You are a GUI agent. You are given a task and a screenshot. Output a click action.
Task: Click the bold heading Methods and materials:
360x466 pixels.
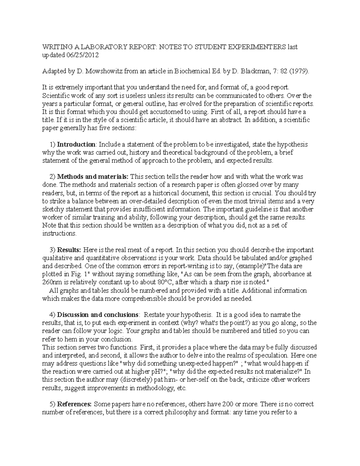pos(93,177)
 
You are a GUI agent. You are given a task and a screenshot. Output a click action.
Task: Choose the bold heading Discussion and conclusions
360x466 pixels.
pos(97,315)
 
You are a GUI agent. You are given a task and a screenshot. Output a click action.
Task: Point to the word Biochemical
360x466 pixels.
pos(183,71)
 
